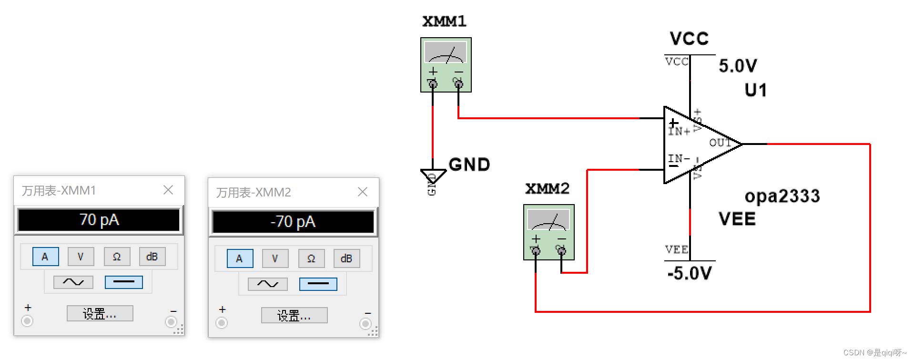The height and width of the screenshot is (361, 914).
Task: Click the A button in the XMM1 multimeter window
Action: tap(45, 257)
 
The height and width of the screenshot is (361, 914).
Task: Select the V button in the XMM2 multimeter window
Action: tap(275, 258)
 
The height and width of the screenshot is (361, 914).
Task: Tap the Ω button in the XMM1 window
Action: tap(117, 257)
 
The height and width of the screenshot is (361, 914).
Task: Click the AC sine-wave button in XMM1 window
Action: tap(73, 282)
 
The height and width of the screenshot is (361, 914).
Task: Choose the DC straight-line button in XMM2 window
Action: tap(318, 284)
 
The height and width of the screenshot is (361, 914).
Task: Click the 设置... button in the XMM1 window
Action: tap(100, 314)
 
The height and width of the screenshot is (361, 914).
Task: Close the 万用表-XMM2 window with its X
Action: tap(363, 192)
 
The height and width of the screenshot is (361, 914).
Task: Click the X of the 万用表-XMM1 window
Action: tap(168, 190)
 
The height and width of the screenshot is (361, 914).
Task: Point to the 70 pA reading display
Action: tap(99, 220)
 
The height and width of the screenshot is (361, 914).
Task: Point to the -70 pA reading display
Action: tap(293, 222)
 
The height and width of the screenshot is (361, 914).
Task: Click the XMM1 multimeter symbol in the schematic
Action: tap(446, 65)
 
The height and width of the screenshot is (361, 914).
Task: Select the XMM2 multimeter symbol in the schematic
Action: tap(549, 232)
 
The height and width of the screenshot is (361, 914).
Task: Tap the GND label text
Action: tap(469, 165)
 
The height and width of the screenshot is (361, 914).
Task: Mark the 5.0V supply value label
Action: tap(738, 65)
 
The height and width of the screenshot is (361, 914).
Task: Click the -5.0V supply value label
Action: tap(690, 273)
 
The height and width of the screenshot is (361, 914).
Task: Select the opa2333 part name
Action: tap(782, 196)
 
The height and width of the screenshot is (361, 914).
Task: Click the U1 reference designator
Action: tap(756, 90)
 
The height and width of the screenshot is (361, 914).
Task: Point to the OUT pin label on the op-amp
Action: tap(720, 143)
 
